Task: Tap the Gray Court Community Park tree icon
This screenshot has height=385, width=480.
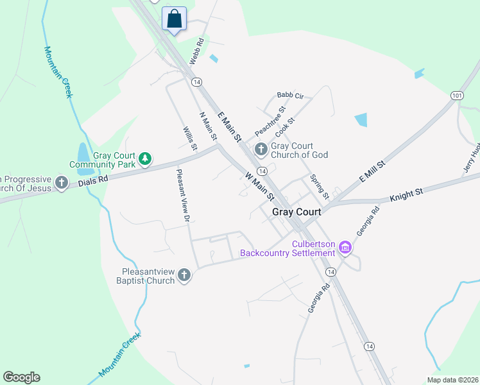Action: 146,158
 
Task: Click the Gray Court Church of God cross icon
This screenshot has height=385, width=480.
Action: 261,150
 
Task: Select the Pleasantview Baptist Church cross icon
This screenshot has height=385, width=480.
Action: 184,275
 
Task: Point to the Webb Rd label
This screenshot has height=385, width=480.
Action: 196,51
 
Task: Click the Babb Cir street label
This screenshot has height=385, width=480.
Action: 289,96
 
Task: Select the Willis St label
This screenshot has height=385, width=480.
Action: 189,139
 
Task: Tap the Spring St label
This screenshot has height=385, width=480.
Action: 319,186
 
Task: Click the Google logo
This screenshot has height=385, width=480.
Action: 21,377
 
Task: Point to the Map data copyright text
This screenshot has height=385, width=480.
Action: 452,380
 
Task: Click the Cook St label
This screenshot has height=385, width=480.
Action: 284,126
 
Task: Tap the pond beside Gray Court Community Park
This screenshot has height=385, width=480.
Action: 83,153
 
